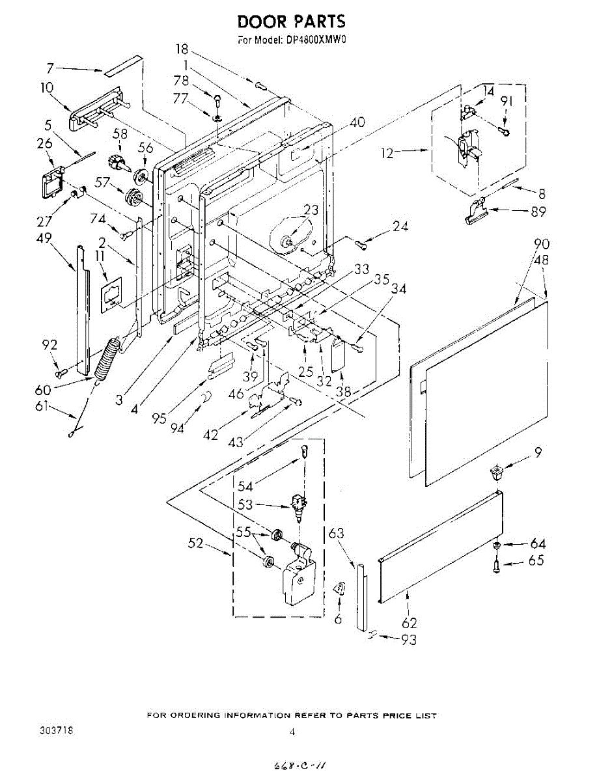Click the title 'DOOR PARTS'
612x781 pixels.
click(x=291, y=22)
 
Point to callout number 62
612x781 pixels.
click(x=410, y=623)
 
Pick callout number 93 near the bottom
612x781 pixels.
click(x=408, y=640)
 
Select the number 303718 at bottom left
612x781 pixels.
click(x=57, y=732)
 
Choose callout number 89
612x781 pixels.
click(x=538, y=211)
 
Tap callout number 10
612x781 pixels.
click(x=47, y=87)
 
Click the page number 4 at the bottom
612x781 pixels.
click(x=292, y=732)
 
